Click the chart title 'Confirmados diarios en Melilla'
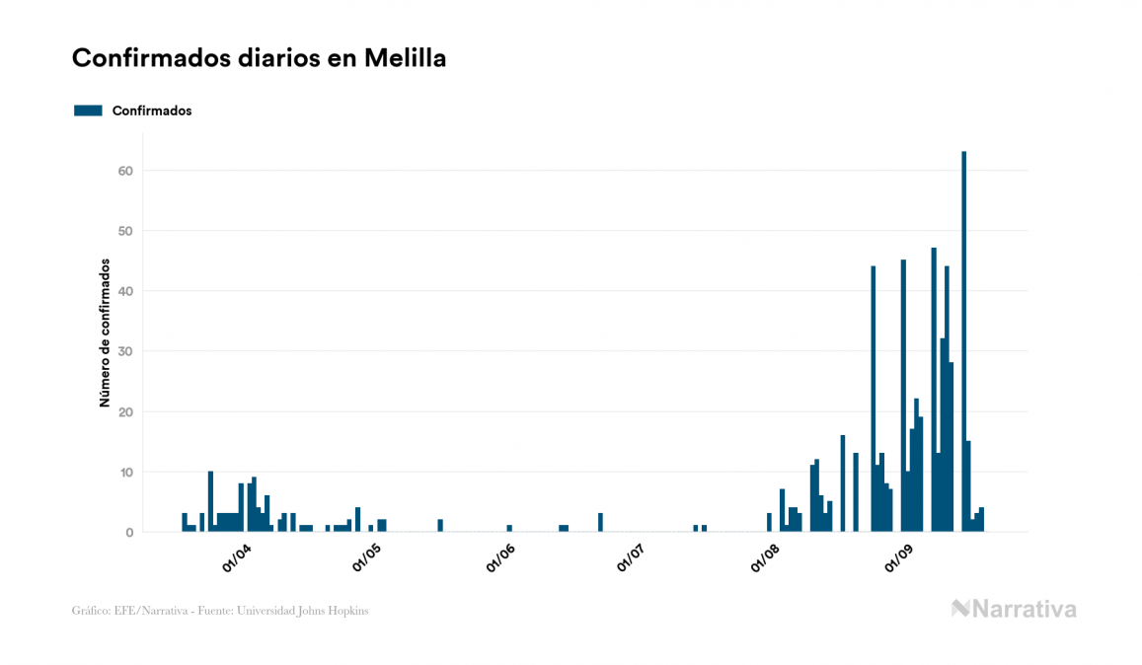(259, 58)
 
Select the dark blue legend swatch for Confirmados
(88, 111)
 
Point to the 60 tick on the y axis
(124, 171)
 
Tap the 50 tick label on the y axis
(124, 231)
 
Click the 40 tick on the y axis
(124, 291)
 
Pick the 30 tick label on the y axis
(124, 351)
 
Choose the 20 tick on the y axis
(124, 411)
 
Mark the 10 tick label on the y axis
(124, 473)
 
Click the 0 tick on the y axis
(128, 533)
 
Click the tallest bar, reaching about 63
(963, 341)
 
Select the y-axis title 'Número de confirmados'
(104, 332)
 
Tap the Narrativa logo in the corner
(1014, 609)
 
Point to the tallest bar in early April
(210, 502)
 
